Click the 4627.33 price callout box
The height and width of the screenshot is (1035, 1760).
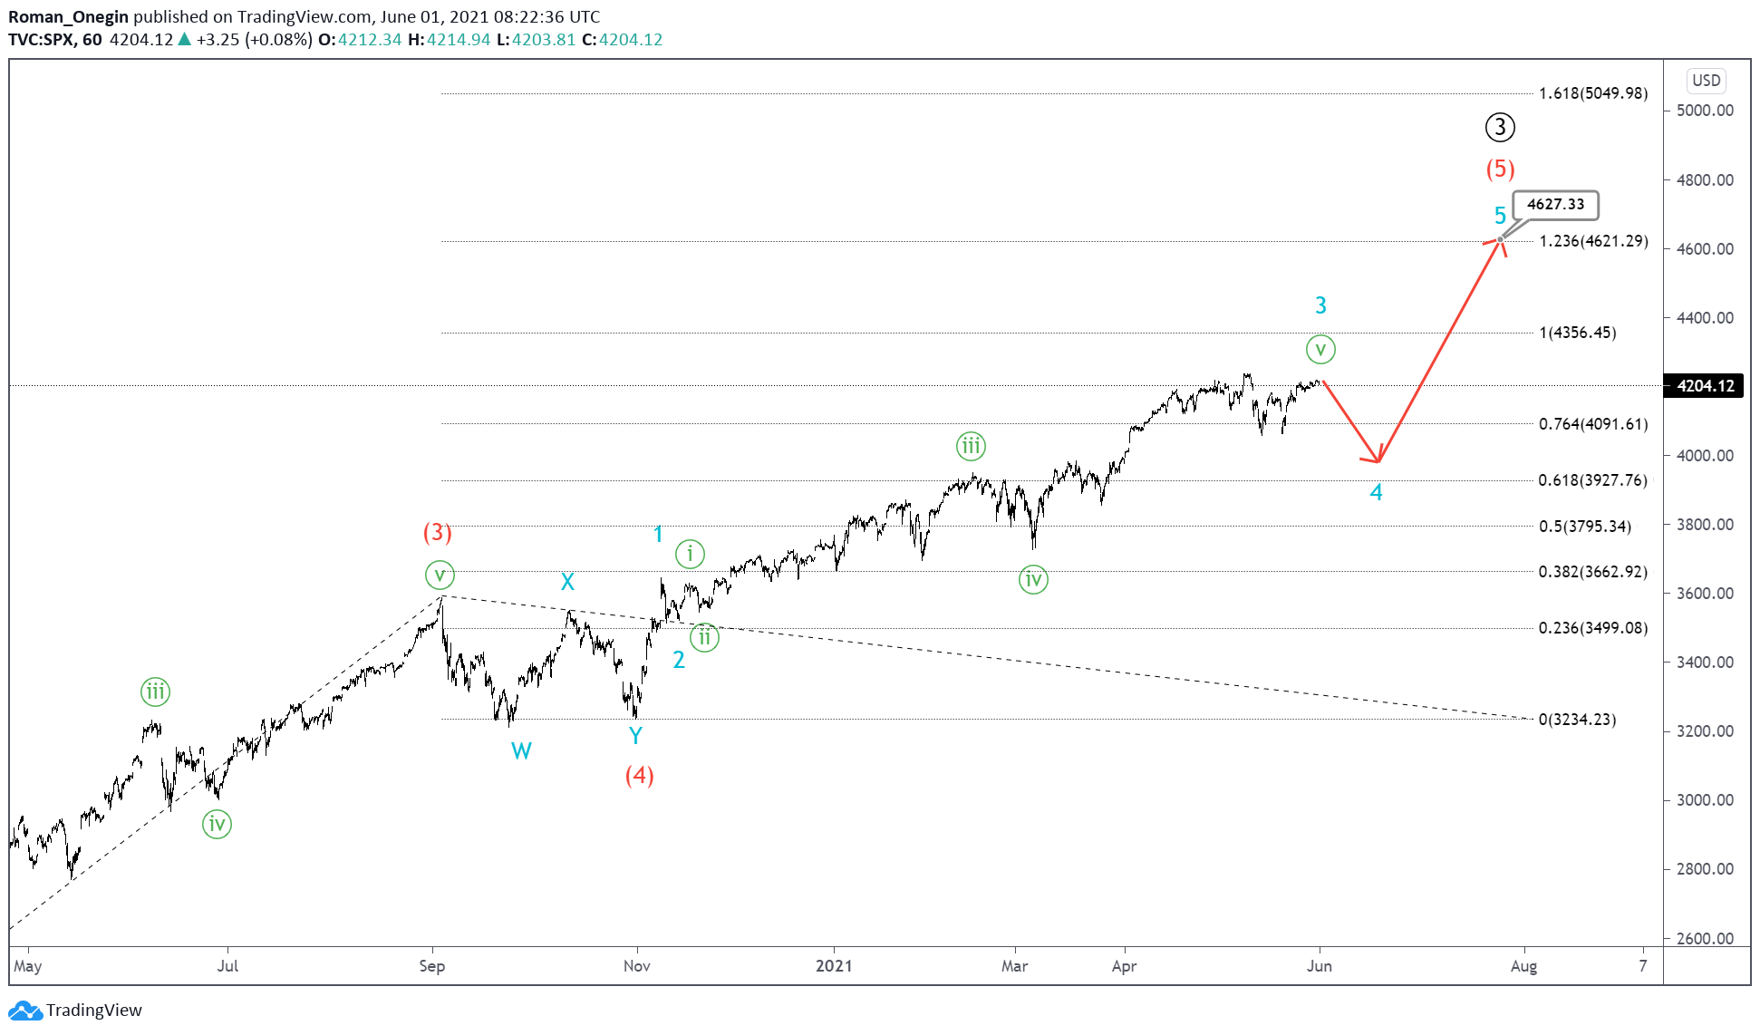1555,205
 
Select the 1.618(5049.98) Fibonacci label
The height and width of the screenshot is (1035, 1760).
1592,93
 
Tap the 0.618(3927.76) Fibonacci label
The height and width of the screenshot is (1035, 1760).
1592,480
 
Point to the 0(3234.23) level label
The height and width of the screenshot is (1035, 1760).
1577,720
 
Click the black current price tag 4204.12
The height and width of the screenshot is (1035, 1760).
1705,386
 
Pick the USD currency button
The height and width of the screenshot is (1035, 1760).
1706,81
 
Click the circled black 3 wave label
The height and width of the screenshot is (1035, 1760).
1500,128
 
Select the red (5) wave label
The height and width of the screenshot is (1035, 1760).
1500,169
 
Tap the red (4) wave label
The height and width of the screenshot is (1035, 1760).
639,775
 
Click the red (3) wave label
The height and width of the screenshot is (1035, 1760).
437,532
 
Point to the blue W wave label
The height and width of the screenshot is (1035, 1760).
521,750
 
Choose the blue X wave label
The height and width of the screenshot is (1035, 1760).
567,582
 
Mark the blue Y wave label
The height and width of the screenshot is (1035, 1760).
635,736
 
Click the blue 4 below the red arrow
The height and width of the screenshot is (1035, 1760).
1376,493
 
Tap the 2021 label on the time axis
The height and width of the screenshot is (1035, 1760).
834,966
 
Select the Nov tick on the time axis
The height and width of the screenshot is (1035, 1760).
636,966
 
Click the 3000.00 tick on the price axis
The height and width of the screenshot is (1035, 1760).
1705,800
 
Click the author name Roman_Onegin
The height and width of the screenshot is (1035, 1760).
68,16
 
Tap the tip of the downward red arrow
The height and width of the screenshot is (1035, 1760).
1378,461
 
